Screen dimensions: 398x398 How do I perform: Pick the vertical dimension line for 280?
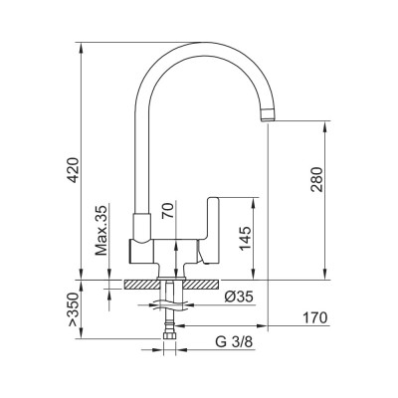(326, 199)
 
